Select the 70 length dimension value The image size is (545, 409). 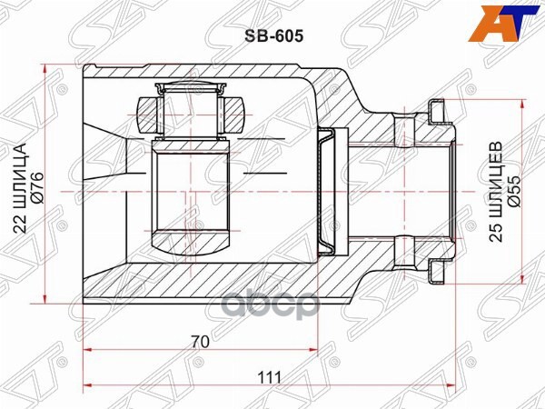click(201, 342)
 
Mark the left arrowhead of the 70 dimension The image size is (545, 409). click(88, 351)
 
